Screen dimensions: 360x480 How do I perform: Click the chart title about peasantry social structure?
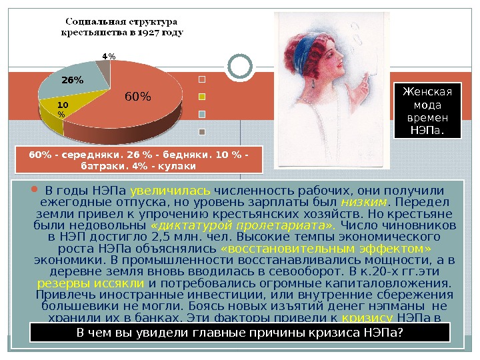pyautogui.click(x=123, y=25)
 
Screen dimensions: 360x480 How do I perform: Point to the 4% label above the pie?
pyautogui.click(x=109, y=56)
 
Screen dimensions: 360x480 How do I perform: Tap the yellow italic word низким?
pyautogui.click(x=363, y=201)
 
